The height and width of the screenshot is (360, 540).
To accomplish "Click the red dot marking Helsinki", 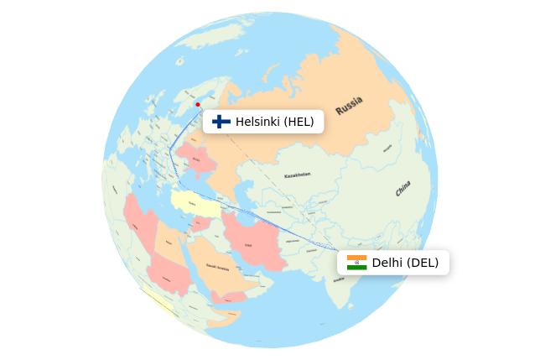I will [x=197, y=105].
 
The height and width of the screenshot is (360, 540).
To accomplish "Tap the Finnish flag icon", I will [x=221, y=122].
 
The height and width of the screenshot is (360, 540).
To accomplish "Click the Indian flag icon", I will [x=356, y=263].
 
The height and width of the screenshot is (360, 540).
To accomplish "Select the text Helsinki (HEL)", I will [x=274, y=122].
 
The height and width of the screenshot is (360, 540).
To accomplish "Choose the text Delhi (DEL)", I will [x=405, y=263].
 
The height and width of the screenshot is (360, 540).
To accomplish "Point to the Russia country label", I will [x=349, y=106].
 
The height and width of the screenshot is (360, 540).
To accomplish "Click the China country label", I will [x=403, y=188].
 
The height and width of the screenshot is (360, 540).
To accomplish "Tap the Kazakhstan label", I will [x=297, y=175].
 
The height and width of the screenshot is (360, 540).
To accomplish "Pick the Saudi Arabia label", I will [x=218, y=267].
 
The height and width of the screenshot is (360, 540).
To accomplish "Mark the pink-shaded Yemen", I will [x=228, y=296].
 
